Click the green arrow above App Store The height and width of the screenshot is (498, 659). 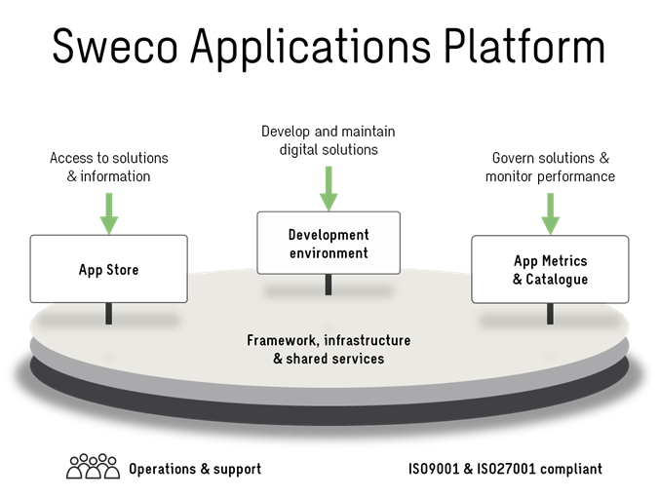pos(109,212)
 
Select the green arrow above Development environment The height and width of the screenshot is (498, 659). pos(329,188)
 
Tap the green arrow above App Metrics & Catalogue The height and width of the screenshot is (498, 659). pos(551,213)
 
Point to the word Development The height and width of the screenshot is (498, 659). pos(329,235)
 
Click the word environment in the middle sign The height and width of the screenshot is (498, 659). pos(329,253)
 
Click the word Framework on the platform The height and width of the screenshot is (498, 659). pos(281,341)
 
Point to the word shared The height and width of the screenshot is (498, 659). pos(311,359)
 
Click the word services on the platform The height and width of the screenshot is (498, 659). pos(361,359)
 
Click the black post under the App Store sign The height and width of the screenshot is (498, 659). pos(109,313)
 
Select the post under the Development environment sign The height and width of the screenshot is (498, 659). pos(329,285)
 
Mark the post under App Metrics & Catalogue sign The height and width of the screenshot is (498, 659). pos(551,313)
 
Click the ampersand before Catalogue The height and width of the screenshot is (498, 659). pos(517,280)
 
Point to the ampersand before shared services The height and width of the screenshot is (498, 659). pos(278,359)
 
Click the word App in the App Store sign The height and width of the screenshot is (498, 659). pos(91,270)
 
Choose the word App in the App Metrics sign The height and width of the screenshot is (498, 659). pos(526,261)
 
